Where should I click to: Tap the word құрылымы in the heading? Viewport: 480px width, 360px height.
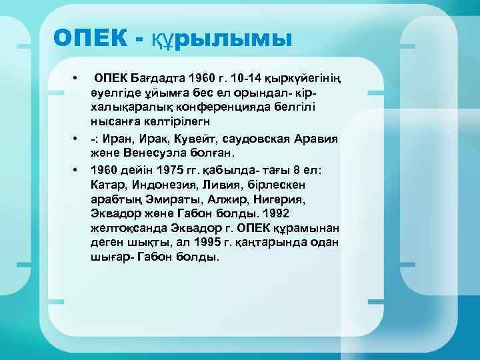[x=220, y=40]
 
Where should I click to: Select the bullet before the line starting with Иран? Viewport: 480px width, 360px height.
[x=79, y=140]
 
